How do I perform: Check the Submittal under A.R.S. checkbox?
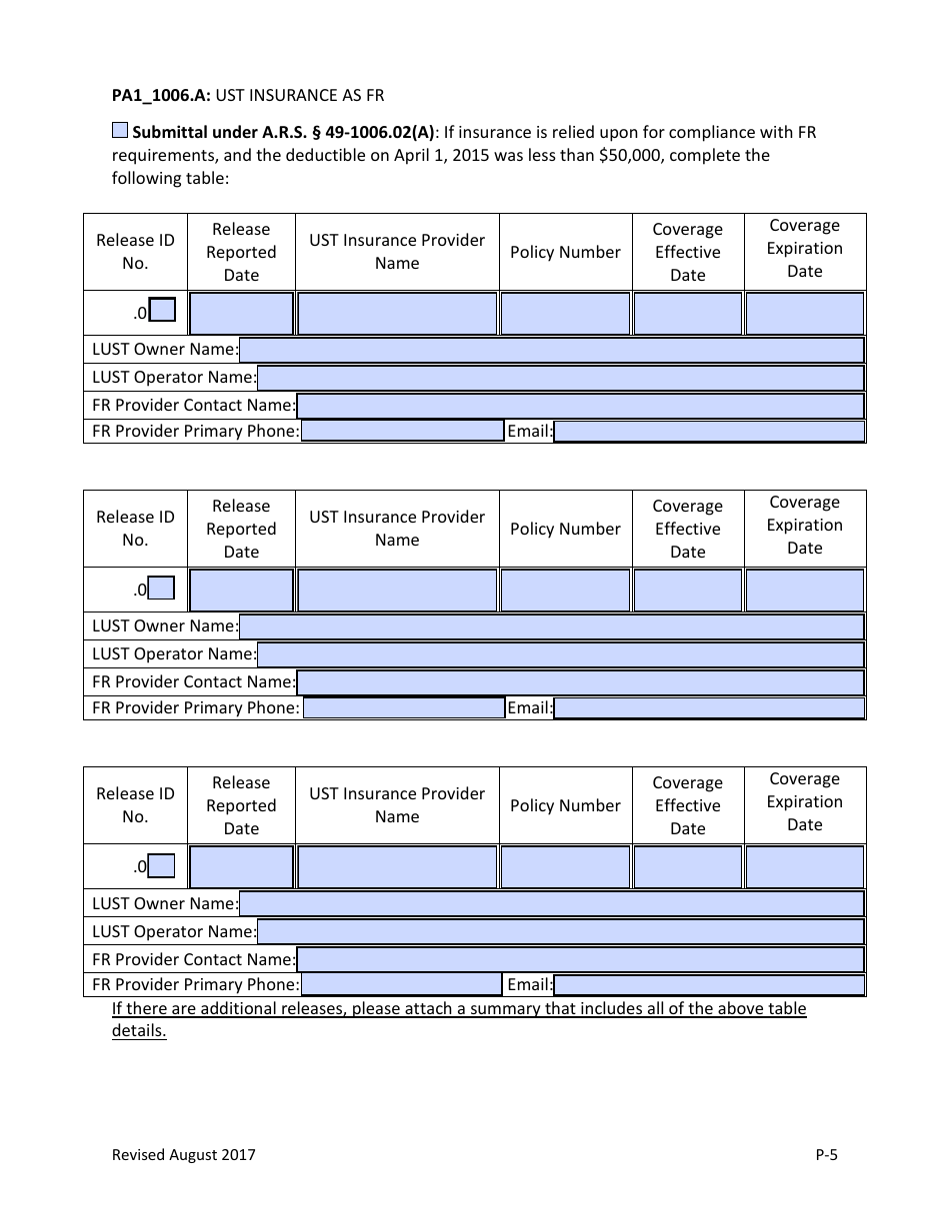click(x=120, y=131)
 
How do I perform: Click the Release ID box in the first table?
click(x=162, y=311)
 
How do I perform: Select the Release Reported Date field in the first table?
click(x=241, y=314)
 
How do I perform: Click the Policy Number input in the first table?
click(x=565, y=314)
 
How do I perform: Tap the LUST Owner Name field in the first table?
click(x=551, y=350)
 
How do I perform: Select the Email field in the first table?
click(x=709, y=432)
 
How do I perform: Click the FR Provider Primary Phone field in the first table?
click(x=402, y=431)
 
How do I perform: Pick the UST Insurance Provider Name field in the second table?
click(x=397, y=591)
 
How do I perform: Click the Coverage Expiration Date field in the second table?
click(x=804, y=591)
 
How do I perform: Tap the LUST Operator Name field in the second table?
click(x=560, y=654)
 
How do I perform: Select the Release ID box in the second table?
click(x=162, y=589)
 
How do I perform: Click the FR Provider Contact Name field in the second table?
click(x=580, y=682)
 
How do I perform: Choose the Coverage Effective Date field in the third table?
click(x=688, y=867)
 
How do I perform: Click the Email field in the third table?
click(x=709, y=985)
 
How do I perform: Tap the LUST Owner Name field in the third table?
click(x=551, y=903)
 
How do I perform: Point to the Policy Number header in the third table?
click(x=565, y=806)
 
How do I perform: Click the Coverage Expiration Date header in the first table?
click(x=804, y=249)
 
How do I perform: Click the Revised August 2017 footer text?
click(x=183, y=1155)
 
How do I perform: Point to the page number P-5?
click(x=826, y=1155)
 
